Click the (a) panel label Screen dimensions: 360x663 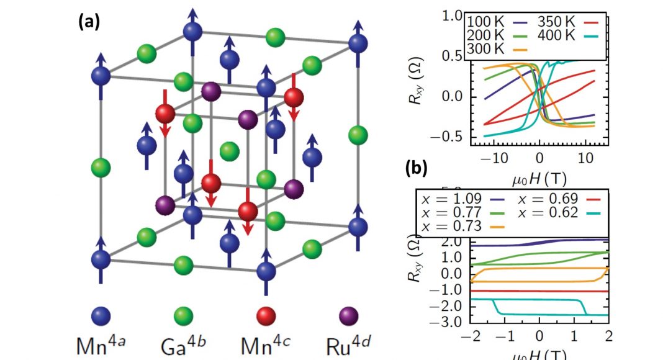coord(89,22)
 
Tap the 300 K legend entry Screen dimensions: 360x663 coord(484,49)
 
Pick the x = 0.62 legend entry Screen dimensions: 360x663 coord(550,213)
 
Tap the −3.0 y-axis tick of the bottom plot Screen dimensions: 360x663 coord(449,323)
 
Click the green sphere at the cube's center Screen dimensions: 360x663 coord(229,151)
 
